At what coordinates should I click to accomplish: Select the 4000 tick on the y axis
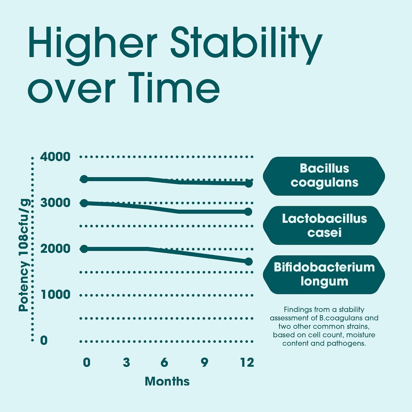coord(55,157)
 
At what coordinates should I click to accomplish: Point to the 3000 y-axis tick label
coord(55,203)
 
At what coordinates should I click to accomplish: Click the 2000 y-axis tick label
coord(55,249)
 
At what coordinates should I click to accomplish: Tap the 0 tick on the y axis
coord(44,340)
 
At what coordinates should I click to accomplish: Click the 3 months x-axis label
coord(127,362)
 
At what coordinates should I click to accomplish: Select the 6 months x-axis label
coord(164,362)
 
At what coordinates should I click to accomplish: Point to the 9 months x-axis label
coord(204,362)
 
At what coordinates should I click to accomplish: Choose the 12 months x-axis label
coord(247,362)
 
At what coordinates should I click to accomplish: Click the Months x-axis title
coord(167,381)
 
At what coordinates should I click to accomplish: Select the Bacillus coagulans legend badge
coord(324,176)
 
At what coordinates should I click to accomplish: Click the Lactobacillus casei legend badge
coord(324,225)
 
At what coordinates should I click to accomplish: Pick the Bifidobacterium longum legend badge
coord(324,275)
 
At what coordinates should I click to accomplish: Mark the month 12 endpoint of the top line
coord(249,184)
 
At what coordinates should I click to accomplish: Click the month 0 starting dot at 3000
coord(84,203)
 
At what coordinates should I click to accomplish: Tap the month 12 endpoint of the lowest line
coord(249,261)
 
